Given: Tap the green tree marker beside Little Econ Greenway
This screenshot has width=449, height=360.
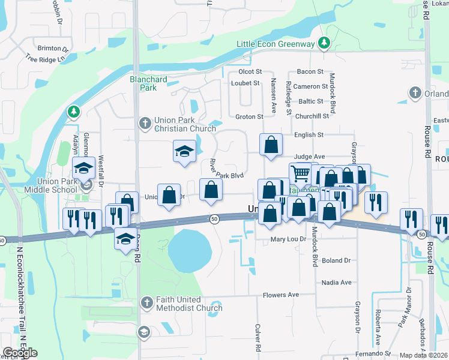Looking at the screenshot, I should click(x=324, y=43).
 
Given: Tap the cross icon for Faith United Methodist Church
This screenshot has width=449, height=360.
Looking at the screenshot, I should click(x=145, y=304).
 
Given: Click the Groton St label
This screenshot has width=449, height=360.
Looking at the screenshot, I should click(x=249, y=116).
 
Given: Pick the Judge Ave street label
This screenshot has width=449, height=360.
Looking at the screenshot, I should click(x=309, y=156).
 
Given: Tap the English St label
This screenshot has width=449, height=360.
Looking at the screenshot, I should click(x=309, y=135).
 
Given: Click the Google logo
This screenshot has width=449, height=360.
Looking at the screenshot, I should click(x=20, y=352).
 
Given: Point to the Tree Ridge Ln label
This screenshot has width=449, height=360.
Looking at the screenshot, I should click(x=45, y=59).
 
